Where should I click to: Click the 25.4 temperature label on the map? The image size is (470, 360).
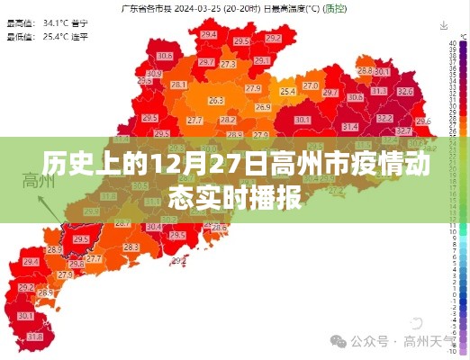tap(288, 91)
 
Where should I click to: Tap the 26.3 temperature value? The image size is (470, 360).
tap(215, 101)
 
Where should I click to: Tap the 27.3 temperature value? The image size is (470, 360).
tap(228, 65)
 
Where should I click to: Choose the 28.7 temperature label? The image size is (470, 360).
tap(206, 63)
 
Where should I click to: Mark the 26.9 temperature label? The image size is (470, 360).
tap(262, 107)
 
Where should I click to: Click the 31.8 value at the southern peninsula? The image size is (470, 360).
tap(35, 336)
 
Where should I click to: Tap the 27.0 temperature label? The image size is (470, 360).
tap(311, 85)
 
